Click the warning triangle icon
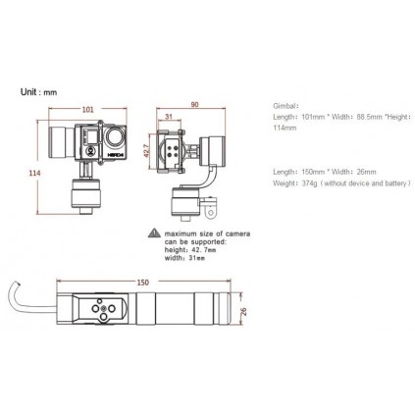click(153, 233)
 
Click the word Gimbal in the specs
click(285, 103)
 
